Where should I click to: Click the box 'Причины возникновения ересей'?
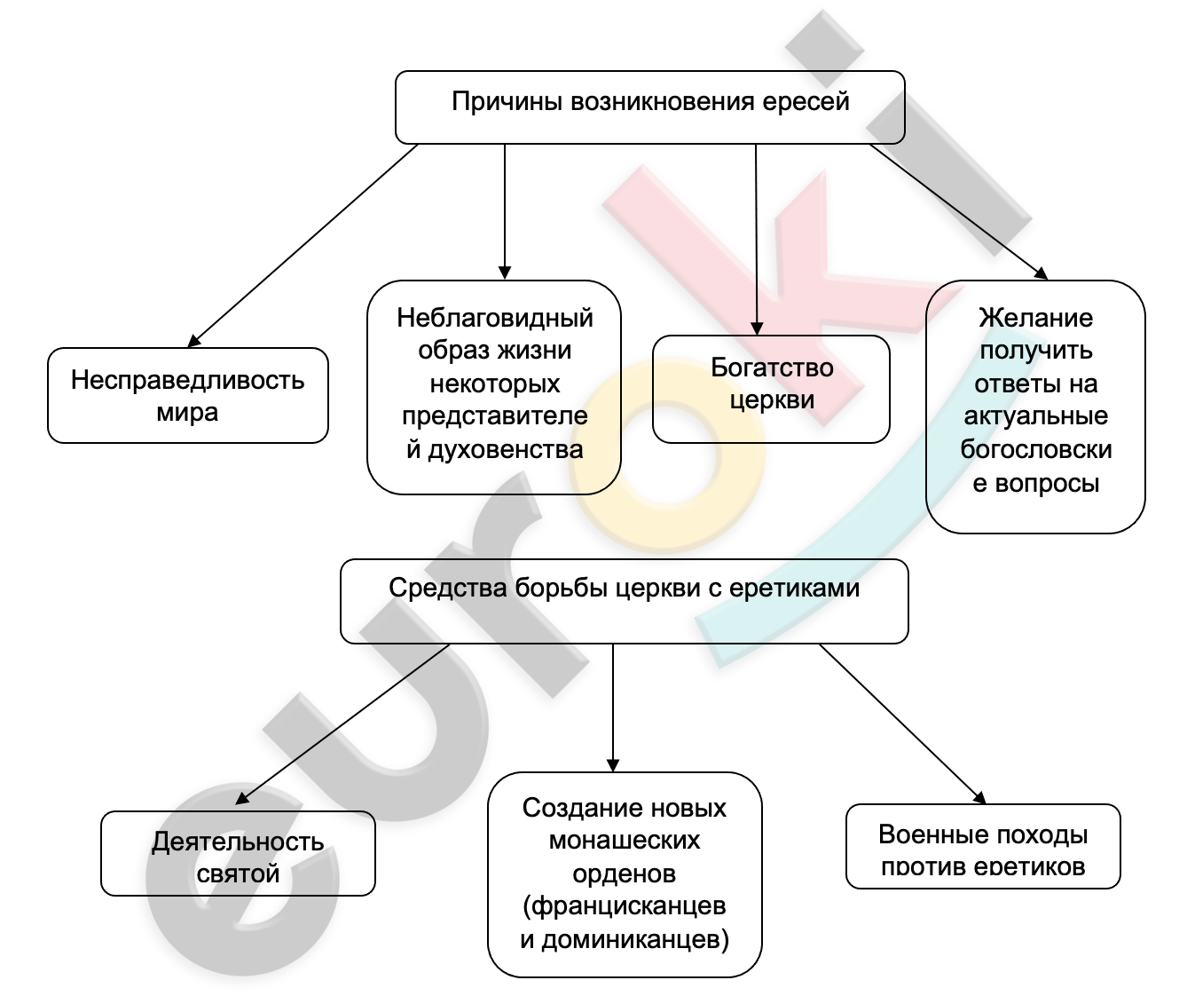649,107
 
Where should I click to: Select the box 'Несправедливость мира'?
187,395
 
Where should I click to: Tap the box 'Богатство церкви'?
771,389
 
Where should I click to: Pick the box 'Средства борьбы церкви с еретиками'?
625,601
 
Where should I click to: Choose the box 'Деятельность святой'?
238,853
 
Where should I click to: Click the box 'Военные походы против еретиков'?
983,846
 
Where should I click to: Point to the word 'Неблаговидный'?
495,318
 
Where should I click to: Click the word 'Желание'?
1036,318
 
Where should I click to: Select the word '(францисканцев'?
625,905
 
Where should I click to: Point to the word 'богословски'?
1036,449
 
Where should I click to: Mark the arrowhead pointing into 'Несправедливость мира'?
194,340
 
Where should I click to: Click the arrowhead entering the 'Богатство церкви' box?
757,328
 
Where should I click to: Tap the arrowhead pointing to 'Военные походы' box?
979,797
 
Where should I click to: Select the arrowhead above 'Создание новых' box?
613,765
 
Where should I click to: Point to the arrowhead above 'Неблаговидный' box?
505,273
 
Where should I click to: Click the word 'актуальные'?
1036,416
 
